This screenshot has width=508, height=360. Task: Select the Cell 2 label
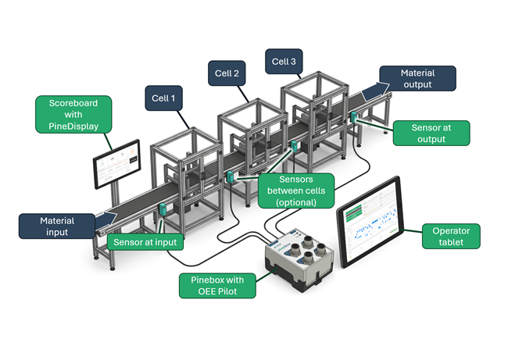click(x=227, y=75)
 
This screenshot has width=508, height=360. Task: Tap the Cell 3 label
click(x=283, y=61)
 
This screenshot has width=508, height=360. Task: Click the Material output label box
click(x=417, y=78)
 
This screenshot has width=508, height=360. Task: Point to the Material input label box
click(x=57, y=226)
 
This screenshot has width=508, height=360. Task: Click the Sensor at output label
click(x=431, y=133)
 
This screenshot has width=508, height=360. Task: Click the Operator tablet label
click(x=450, y=237)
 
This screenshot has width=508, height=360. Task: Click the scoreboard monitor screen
click(x=116, y=164)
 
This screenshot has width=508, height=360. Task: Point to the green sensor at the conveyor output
click(x=354, y=118)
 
